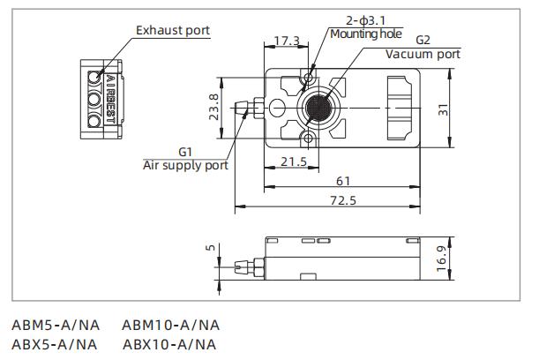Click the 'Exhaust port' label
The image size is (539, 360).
[x=173, y=31]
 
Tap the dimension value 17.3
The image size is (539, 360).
[x=287, y=41]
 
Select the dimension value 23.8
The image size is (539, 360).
[x=214, y=107]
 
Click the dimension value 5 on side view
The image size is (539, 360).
[x=209, y=249]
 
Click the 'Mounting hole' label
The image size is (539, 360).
[x=366, y=34]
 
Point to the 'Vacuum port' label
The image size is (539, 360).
[x=423, y=54]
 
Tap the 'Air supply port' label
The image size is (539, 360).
[x=186, y=165]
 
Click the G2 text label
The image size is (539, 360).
[x=423, y=40]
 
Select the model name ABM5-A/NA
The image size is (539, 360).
[x=54, y=326]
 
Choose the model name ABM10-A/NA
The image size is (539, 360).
[x=171, y=326]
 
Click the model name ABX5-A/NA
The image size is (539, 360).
[x=54, y=344]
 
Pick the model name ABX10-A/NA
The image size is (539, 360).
[x=169, y=344]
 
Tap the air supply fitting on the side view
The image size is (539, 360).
[x=245, y=263]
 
